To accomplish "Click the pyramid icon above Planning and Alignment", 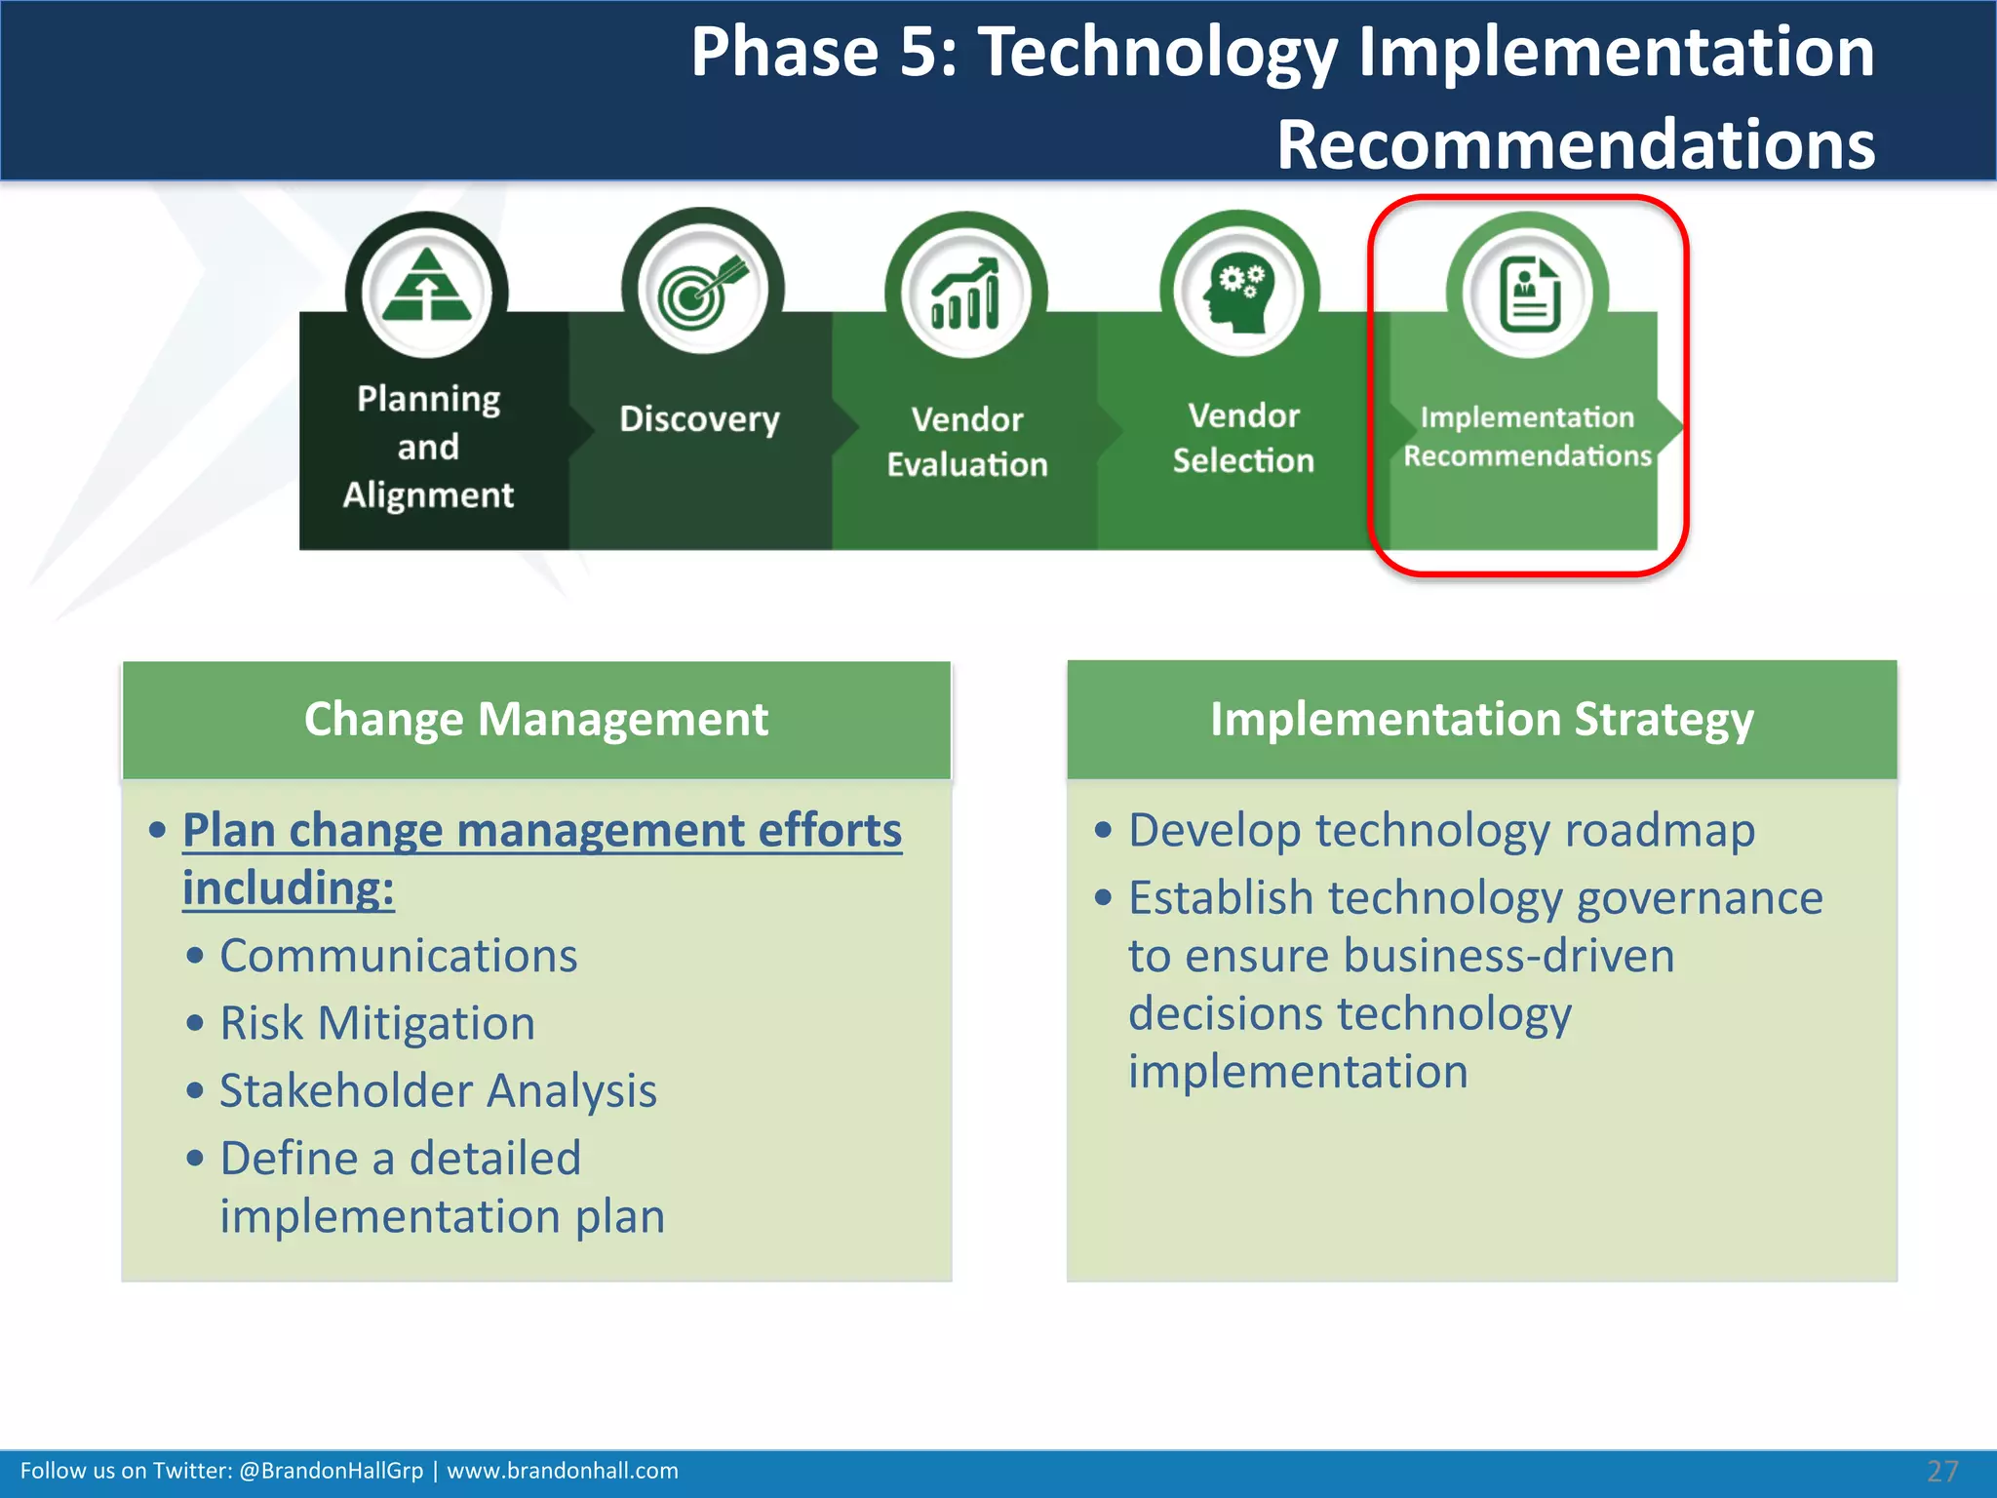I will [427, 288].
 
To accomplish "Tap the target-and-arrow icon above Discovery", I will [702, 290].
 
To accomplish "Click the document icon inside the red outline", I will [1528, 294].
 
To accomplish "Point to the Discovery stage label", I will [699, 419].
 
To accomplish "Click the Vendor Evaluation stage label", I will [966, 442].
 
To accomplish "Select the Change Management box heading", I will [536, 720].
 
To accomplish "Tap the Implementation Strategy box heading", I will [1481, 720].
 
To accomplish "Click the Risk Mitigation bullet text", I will [377, 1024].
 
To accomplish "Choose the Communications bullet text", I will [398, 956].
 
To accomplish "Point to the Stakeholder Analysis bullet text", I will [438, 1090].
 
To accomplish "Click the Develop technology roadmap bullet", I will [1441, 831].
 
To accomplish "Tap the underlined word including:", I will [289, 888].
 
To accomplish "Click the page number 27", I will [1941, 1471].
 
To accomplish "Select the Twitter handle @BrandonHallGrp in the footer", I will [331, 1471].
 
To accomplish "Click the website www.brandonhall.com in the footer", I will [563, 1471].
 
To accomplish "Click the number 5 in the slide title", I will [920, 53].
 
